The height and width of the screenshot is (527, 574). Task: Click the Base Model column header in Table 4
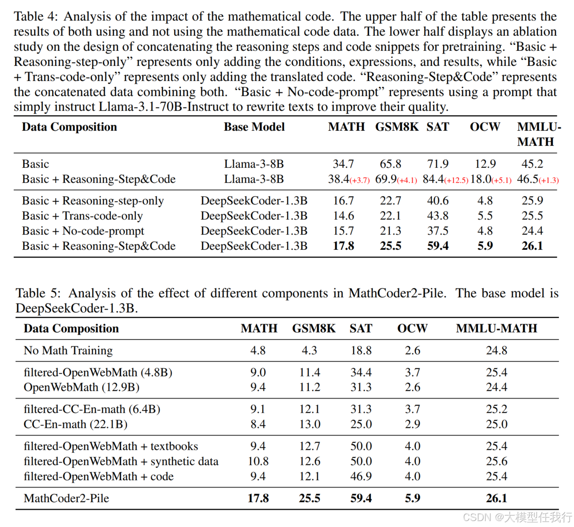(x=254, y=127)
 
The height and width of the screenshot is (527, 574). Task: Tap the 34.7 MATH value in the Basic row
(x=343, y=164)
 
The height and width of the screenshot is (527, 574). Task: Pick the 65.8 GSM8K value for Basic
(x=390, y=164)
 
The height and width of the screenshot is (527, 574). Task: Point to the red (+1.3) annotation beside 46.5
(x=549, y=180)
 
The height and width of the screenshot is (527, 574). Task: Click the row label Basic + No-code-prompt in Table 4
(x=83, y=231)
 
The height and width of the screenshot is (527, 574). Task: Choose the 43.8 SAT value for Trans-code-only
(x=438, y=216)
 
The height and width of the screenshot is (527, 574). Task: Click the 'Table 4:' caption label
(x=36, y=17)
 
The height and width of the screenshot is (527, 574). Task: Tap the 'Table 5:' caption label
(x=38, y=293)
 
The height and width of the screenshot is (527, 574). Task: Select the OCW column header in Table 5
(x=412, y=328)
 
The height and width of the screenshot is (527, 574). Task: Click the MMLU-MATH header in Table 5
(x=496, y=328)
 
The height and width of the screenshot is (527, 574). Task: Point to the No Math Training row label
(x=68, y=350)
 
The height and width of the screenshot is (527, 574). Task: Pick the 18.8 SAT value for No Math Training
(x=361, y=350)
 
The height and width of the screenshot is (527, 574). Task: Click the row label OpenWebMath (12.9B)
(x=81, y=387)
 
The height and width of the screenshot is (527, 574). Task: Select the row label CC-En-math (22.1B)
(x=75, y=425)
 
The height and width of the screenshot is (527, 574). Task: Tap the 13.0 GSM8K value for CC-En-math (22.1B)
(x=310, y=425)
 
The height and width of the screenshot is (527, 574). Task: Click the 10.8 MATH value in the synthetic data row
(x=258, y=462)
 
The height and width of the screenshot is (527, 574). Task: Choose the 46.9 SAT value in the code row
(x=361, y=477)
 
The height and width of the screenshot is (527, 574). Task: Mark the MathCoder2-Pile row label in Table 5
(x=66, y=499)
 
